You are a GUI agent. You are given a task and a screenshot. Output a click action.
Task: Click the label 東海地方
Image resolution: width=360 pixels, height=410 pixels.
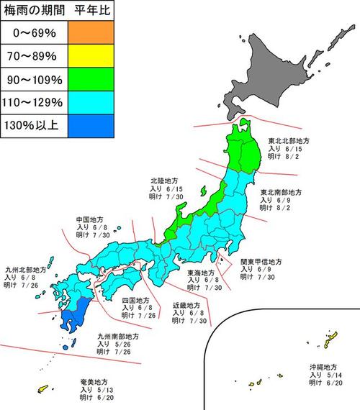tap(201, 273)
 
